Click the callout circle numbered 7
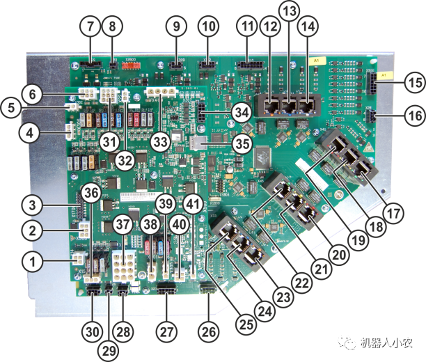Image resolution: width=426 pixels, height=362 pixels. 90,27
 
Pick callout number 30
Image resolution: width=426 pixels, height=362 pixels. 91,330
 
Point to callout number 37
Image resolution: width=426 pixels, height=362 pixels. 123,224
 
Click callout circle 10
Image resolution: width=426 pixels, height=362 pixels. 207,27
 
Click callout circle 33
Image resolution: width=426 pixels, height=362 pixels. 162,142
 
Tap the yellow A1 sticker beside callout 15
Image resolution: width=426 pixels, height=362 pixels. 386,74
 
